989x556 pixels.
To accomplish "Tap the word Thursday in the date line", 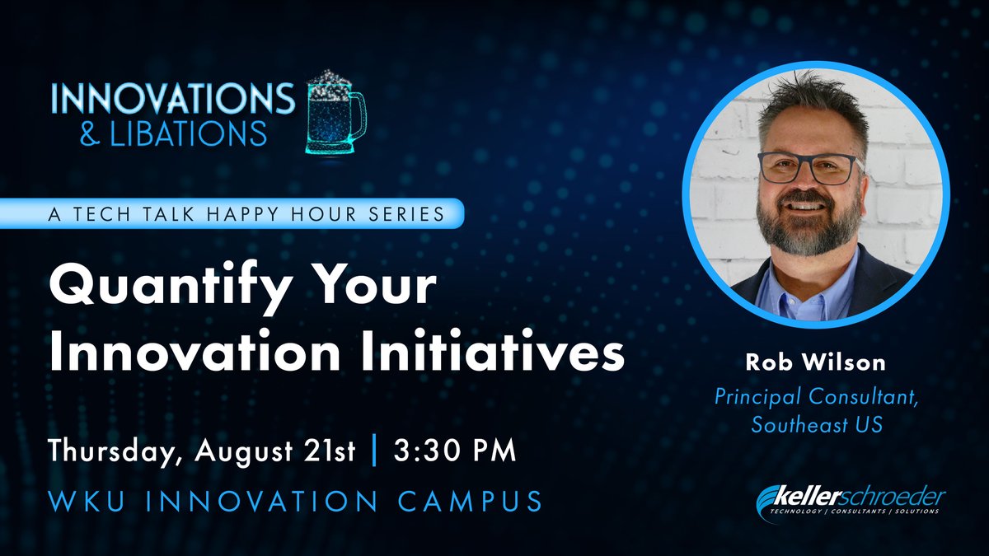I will (x=116, y=452).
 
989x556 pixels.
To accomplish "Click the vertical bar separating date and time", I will (x=377, y=452).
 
